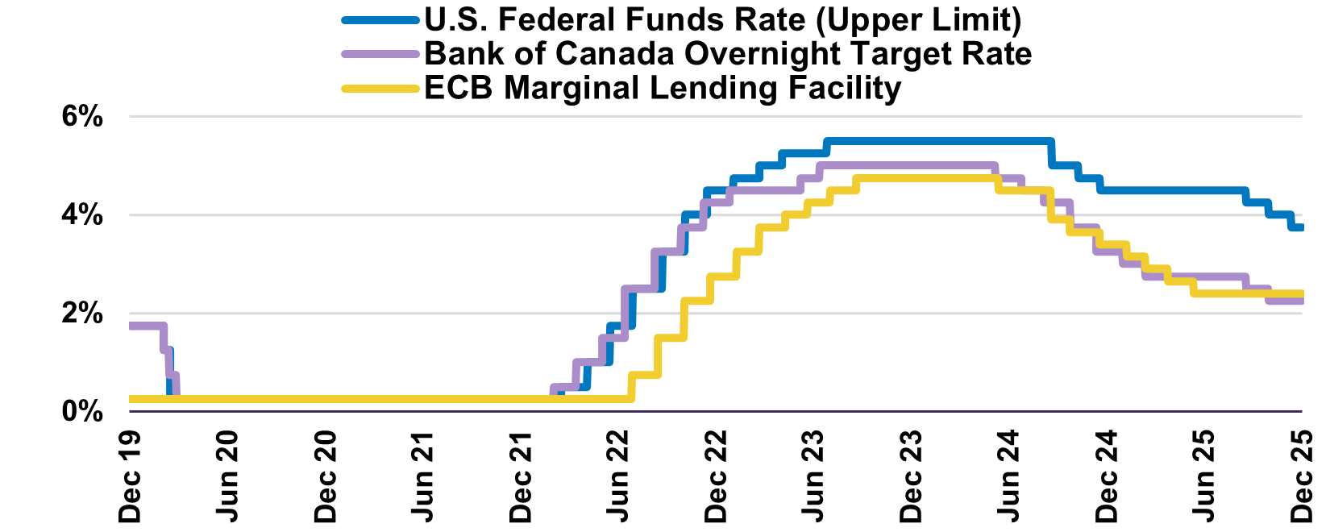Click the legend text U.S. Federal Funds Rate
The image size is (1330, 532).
coord(722,20)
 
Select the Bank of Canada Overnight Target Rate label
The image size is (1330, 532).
coord(727,54)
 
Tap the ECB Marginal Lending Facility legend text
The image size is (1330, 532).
coord(662,88)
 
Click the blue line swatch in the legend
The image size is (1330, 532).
coord(380,20)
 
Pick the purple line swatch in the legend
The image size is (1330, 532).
coord(380,54)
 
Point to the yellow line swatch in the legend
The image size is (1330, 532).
coord(380,88)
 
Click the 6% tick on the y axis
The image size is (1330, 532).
coord(83,117)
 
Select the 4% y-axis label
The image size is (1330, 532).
coord(83,215)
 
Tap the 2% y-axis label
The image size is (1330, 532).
coord(83,314)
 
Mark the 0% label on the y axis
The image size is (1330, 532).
coord(83,412)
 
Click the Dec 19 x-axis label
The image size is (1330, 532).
coord(129,476)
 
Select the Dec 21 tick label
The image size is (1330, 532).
coord(521,476)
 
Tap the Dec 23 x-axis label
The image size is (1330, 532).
coord(912,476)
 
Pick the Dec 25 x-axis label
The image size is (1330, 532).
coord(1303,476)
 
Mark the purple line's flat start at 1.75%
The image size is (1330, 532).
coord(146,326)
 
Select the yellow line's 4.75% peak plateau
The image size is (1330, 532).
coord(927,178)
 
